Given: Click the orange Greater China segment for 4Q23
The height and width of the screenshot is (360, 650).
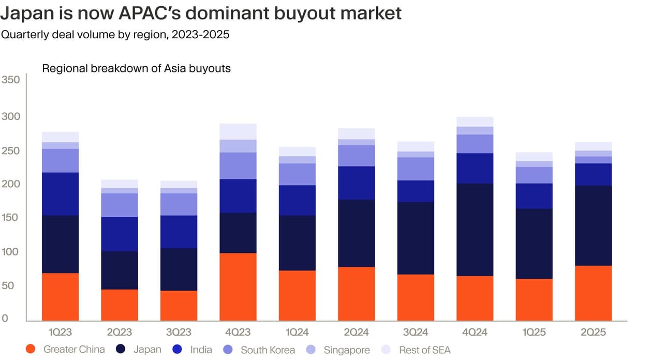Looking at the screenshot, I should (238, 287).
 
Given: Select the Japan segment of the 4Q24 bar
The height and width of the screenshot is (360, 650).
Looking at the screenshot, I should (475, 230).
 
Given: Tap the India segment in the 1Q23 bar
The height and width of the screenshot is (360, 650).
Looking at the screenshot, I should (60, 194).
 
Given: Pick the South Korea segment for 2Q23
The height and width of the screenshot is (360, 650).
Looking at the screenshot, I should (120, 205).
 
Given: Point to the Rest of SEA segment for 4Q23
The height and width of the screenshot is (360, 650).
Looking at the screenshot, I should (238, 131).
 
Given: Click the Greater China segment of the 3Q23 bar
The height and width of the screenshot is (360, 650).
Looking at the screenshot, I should (179, 305).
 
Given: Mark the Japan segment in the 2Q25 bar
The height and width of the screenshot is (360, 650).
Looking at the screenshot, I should (594, 226).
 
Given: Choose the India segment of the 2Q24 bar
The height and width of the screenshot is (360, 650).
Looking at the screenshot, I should (357, 183).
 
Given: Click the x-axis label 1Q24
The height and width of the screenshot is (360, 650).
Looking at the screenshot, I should (297, 332).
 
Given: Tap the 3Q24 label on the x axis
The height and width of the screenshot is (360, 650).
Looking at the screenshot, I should (416, 332).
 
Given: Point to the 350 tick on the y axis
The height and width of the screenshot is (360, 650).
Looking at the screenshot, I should (10, 80).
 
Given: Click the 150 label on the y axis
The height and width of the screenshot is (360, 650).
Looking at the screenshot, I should (10, 217).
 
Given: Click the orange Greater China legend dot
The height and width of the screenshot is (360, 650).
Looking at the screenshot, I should (31, 350).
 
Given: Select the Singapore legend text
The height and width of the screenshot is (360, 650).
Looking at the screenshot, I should (347, 350).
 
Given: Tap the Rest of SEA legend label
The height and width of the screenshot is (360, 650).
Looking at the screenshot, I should (424, 350).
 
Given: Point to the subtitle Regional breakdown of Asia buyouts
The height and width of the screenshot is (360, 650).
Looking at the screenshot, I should (136, 68).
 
